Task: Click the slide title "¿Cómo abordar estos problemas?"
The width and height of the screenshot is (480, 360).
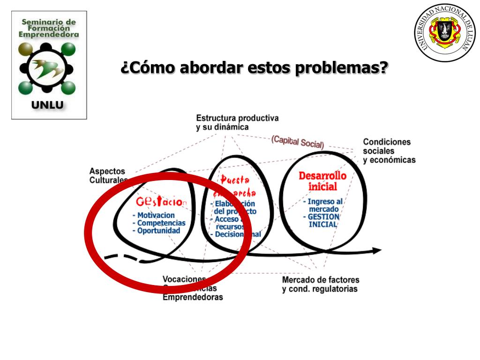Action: [x=255, y=68]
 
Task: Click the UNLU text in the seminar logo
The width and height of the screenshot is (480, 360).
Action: [x=47, y=105]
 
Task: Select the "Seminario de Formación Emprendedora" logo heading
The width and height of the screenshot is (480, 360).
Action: [x=49, y=28]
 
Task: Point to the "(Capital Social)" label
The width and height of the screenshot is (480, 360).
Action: [x=297, y=142]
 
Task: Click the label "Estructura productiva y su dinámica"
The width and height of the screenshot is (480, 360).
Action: [x=237, y=122]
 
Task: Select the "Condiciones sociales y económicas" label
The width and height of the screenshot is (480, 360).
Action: [x=389, y=150]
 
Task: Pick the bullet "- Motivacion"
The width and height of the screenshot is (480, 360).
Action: [x=153, y=215]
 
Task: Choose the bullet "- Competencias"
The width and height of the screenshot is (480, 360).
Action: [x=159, y=223]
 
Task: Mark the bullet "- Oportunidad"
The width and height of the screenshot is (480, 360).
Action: [x=156, y=231]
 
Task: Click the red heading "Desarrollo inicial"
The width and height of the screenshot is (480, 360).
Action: [x=322, y=181]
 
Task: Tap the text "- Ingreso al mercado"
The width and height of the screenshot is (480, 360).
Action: [x=323, y=205]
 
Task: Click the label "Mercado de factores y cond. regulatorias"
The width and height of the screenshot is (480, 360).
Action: [x=320, y=284]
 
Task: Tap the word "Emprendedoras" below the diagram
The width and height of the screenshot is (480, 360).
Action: [x=193, y=297]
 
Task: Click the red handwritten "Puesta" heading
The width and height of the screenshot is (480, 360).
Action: [x=235, y=180]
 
